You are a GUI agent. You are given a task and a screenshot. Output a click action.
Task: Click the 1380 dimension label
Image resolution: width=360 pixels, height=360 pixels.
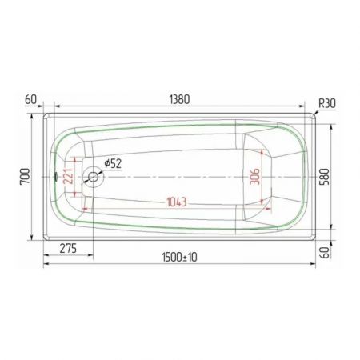(179, 99)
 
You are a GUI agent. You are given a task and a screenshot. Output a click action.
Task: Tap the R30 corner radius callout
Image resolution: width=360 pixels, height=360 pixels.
(327, 103)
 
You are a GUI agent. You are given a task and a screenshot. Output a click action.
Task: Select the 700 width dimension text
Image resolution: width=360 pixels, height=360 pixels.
(25, 176)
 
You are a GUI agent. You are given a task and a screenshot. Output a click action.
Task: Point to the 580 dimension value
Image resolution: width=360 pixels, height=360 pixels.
(324, 177)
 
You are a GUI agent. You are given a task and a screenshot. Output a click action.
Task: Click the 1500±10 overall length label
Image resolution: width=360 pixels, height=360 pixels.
(179, 258)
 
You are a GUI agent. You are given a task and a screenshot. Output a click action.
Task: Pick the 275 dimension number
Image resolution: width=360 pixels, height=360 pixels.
(68, 249)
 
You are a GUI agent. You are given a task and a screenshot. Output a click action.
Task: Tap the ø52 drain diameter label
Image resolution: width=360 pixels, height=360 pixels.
(113, 163)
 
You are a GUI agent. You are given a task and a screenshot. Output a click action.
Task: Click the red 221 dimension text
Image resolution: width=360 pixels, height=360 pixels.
(68, 176)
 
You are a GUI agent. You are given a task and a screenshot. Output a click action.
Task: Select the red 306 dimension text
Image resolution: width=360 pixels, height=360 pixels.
(254, 176)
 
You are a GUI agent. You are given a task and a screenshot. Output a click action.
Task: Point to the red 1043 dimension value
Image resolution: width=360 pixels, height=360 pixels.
(177, 202)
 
